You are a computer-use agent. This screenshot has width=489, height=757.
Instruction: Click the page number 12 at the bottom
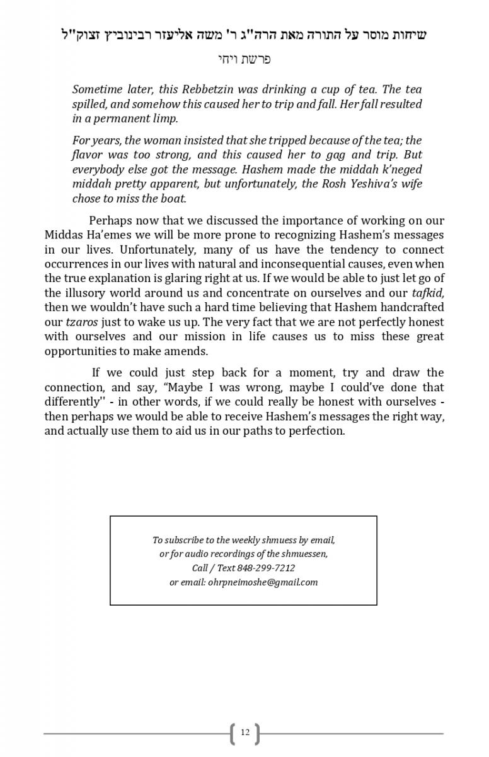(244, 732)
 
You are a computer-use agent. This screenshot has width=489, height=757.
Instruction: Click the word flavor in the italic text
(88, 155)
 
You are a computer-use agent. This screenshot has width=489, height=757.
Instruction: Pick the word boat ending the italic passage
(174, 198)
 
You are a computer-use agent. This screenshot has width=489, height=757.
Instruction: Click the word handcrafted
(413, 307)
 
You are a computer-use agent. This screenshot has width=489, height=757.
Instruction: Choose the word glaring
(187, 278)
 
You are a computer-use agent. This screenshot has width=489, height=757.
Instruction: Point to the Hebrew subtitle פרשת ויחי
(244, 61)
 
